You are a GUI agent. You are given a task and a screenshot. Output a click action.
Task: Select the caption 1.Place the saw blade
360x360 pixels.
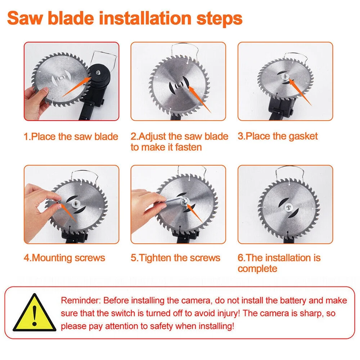[71, 136]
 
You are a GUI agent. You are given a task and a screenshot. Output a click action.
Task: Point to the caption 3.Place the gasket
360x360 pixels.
[278, 136]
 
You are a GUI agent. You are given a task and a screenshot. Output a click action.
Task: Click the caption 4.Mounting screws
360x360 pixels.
[64, 258]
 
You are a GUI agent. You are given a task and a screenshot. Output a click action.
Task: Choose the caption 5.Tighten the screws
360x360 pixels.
[175, 258]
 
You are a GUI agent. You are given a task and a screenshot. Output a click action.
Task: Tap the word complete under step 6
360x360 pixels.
[257, 269]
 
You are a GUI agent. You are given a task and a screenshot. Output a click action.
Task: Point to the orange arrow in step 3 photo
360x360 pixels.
[300, 91]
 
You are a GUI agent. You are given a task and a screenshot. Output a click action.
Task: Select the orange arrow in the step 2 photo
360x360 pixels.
[199, 99]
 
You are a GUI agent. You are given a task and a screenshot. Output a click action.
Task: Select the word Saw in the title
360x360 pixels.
[25, 18]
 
